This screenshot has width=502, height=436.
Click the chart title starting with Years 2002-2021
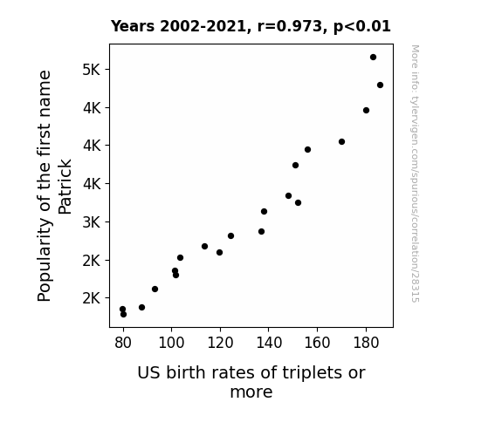coord(251,26)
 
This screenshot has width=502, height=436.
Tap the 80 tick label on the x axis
coord(123,344)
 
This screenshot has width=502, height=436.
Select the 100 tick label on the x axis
coord(171,344)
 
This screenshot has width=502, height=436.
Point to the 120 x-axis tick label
coord(220,344)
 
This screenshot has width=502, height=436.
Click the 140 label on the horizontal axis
coord(269,344)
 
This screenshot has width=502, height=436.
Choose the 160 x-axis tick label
coord(317,344)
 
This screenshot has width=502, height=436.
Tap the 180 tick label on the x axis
coord(366,344)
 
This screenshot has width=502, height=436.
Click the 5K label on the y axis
coord(92,70)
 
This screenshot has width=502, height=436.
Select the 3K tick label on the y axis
coord(92,222)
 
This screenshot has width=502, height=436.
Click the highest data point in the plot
coord(373,58)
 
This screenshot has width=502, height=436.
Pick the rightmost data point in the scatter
coord(380,85)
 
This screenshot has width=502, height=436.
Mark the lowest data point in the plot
coord(124,315)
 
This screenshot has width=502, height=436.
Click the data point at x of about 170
coord(341,142)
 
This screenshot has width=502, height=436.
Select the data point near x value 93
coord(155,290)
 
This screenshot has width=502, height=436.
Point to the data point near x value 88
coord(141,308)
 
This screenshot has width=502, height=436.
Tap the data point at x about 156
coord(307,150)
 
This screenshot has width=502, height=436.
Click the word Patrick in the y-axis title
coord(65,187)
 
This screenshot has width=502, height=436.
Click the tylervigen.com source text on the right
coord(415,174)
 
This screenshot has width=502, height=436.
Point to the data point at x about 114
coord(204,246)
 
